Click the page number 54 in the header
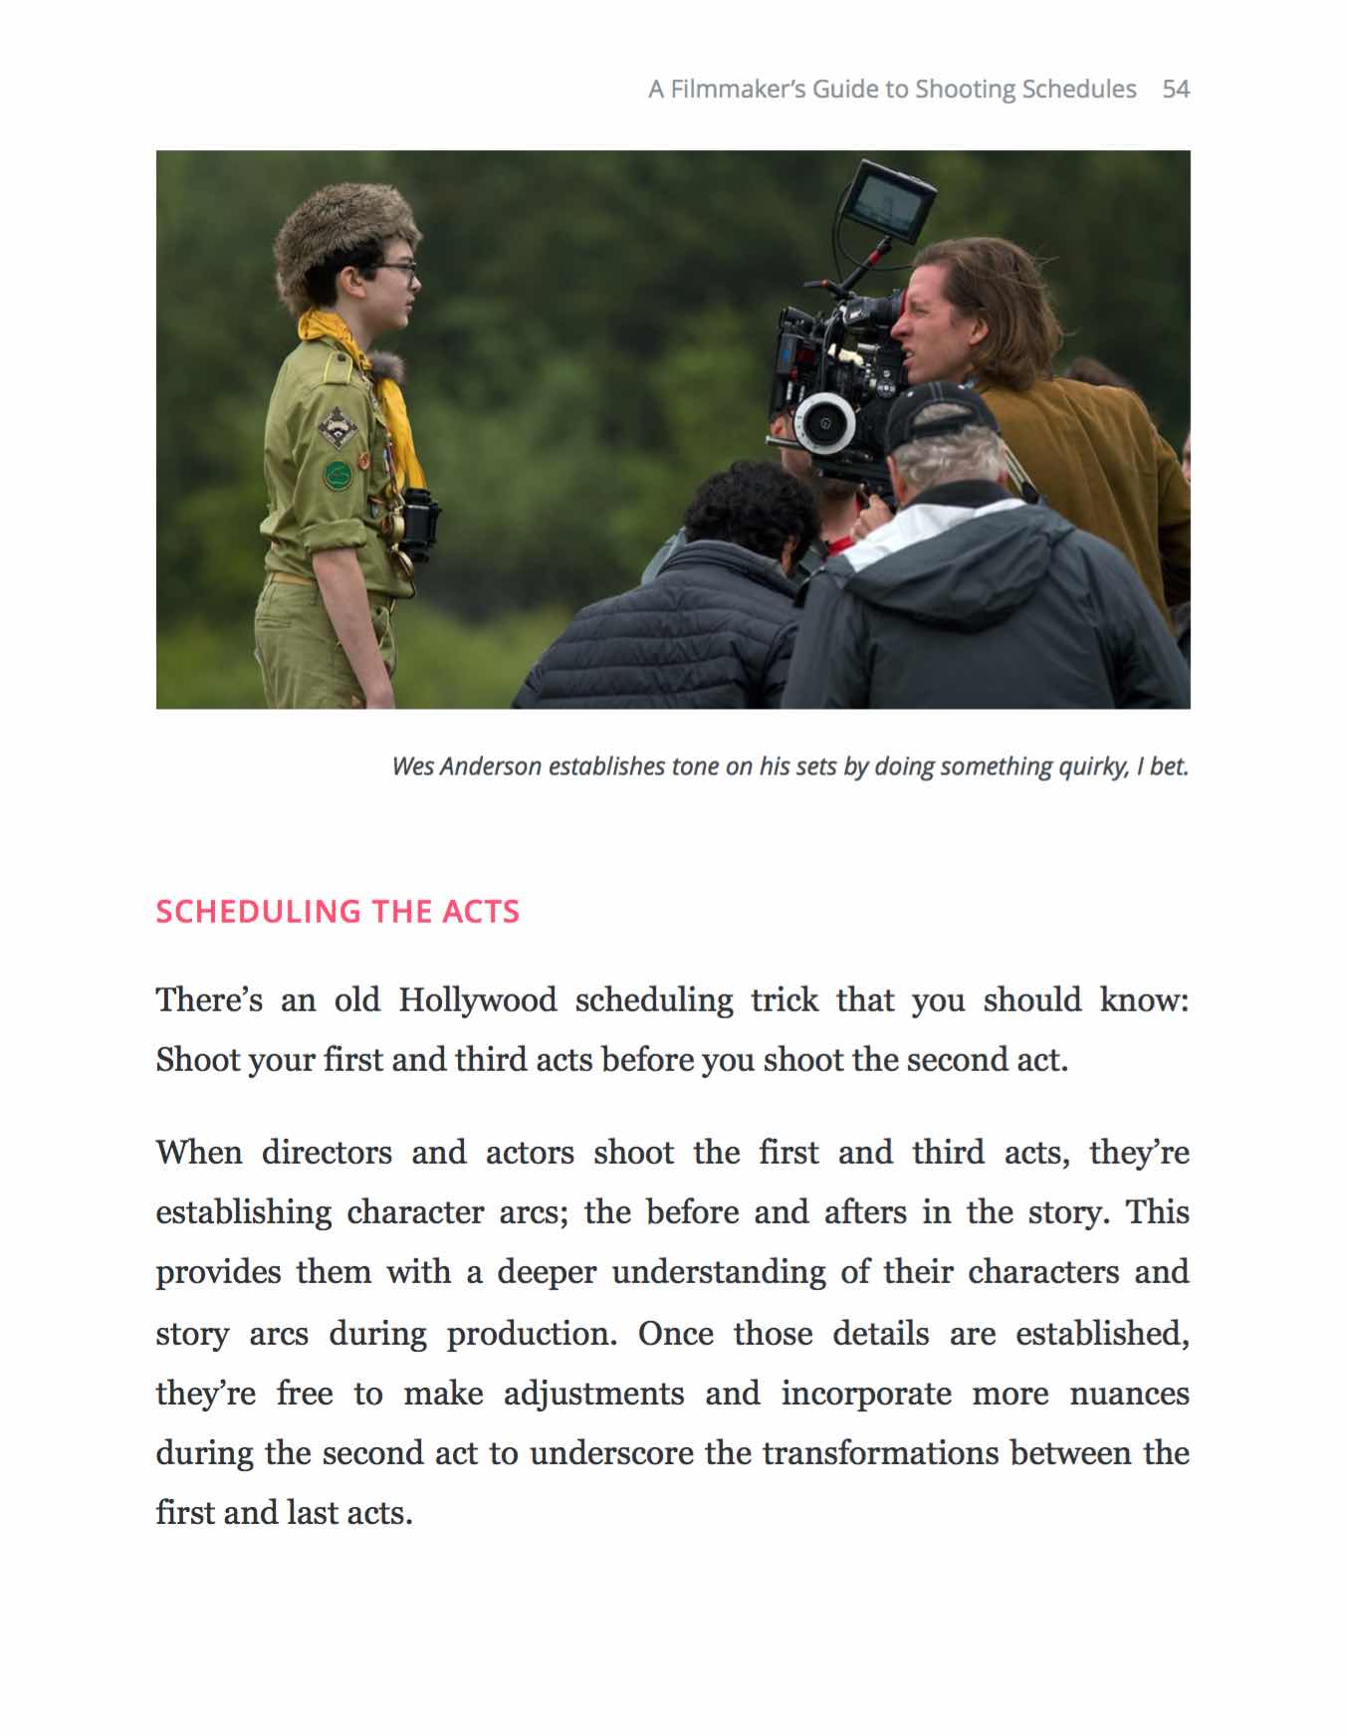coord(1176,90)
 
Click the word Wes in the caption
coord(412,766)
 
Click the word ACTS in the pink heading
coord(481,912)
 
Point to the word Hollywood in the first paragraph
coord(478,999)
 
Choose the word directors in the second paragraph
coord(327,1153)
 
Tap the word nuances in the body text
coord(1129,1394)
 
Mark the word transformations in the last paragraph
coord(880,1453)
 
